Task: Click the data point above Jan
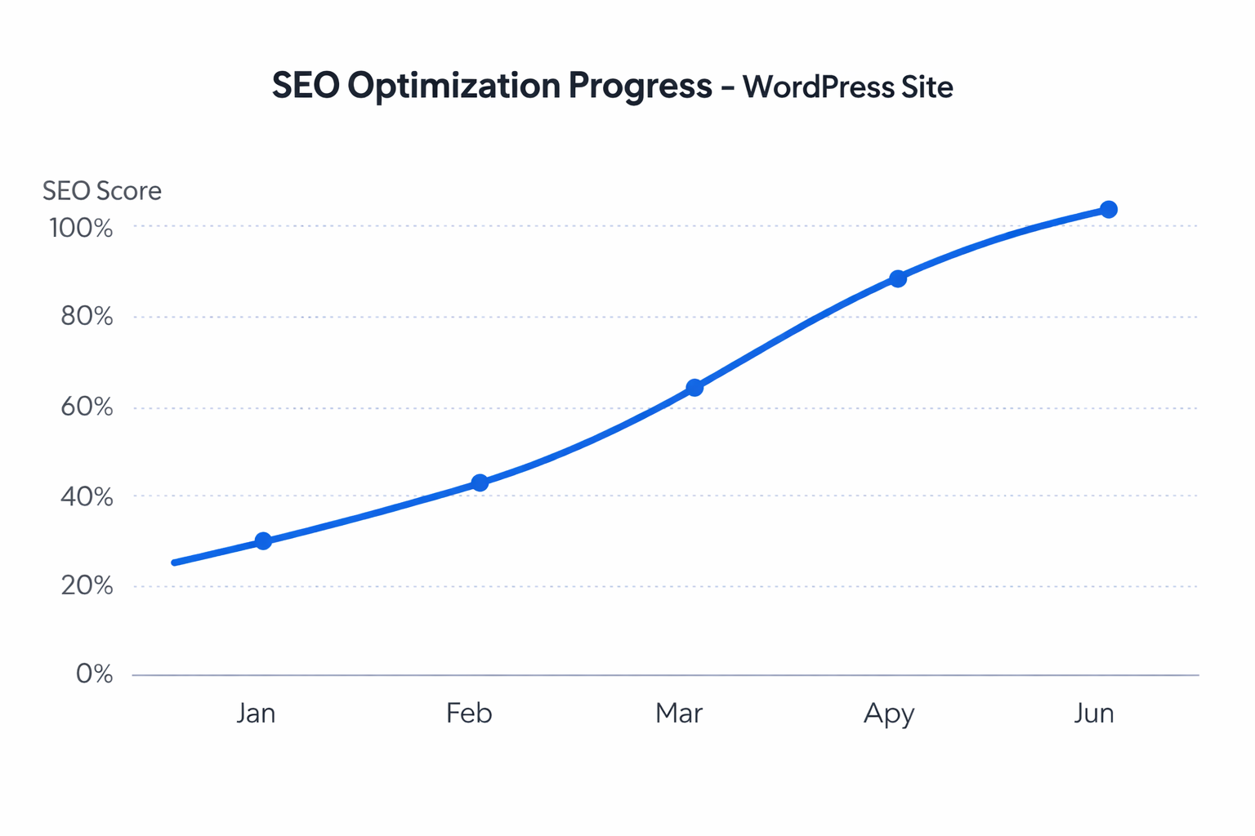[263, 541]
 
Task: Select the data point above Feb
[480, 483]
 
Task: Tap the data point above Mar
[694, 388]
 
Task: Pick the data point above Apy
[898, 279]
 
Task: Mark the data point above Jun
[1109, 210]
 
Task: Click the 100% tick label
[81, 228]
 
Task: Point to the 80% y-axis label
[87, 317]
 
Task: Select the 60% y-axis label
[87, 407]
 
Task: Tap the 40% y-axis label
[87, 496]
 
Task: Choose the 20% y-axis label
[87, 585]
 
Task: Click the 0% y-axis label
[94, 674]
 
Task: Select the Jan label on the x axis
[256, 714]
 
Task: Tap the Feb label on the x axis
[469, 714]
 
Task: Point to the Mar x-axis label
[679, 714]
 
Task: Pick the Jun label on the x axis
[1094, 714]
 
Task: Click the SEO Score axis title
[102, 191]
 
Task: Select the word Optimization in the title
[453, 87]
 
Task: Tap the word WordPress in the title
[817, 87]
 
